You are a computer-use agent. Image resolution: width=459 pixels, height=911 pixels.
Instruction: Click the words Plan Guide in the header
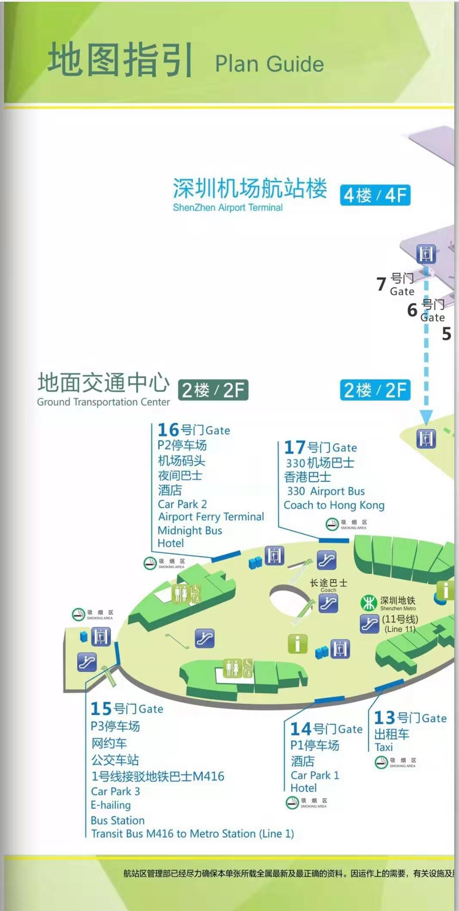[x=269, y=64]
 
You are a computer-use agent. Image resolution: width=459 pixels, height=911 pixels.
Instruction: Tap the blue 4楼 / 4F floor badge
[x=375, y=195]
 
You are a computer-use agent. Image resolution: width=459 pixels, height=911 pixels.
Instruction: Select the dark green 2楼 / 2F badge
[x=213, y=390]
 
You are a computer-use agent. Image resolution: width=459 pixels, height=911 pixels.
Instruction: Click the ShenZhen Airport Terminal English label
[x=227, y=208]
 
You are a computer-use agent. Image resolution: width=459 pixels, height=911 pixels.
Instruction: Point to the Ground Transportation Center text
[x=103, y=402]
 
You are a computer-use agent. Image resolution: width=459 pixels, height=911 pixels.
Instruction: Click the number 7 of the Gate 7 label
[x=381, y=284]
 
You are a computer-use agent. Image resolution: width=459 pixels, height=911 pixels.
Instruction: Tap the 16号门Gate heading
[x=194, y=430]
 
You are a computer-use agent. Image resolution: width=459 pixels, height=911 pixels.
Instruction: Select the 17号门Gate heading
[x=320, y=447]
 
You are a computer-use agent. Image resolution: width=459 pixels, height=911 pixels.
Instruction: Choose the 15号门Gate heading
[x=127, y=708]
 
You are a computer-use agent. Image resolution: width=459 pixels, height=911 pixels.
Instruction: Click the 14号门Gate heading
[x=326, y=729]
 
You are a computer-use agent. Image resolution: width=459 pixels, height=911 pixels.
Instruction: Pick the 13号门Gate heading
[x=410, y=718]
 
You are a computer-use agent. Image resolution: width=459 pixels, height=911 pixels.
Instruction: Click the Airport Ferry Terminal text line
[x=211, y=517]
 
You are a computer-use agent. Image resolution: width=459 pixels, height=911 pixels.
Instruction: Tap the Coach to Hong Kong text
[x=334, y=505]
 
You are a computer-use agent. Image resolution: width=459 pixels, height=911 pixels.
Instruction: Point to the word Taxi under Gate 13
[x=384, y=747]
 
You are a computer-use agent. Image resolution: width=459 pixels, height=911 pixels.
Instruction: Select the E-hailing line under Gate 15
[x=111, y=805]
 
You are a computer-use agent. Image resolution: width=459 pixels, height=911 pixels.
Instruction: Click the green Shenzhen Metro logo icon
[x=369, y=603]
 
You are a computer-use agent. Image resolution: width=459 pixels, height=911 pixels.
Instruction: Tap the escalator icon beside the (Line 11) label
[x=369, y=624]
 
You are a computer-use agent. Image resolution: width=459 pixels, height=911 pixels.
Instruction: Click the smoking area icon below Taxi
[x=381, y=762]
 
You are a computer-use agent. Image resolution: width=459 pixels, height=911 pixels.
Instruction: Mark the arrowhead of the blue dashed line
[x=426, y=417]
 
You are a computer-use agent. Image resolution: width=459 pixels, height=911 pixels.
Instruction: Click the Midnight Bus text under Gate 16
[x=190, y=530]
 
